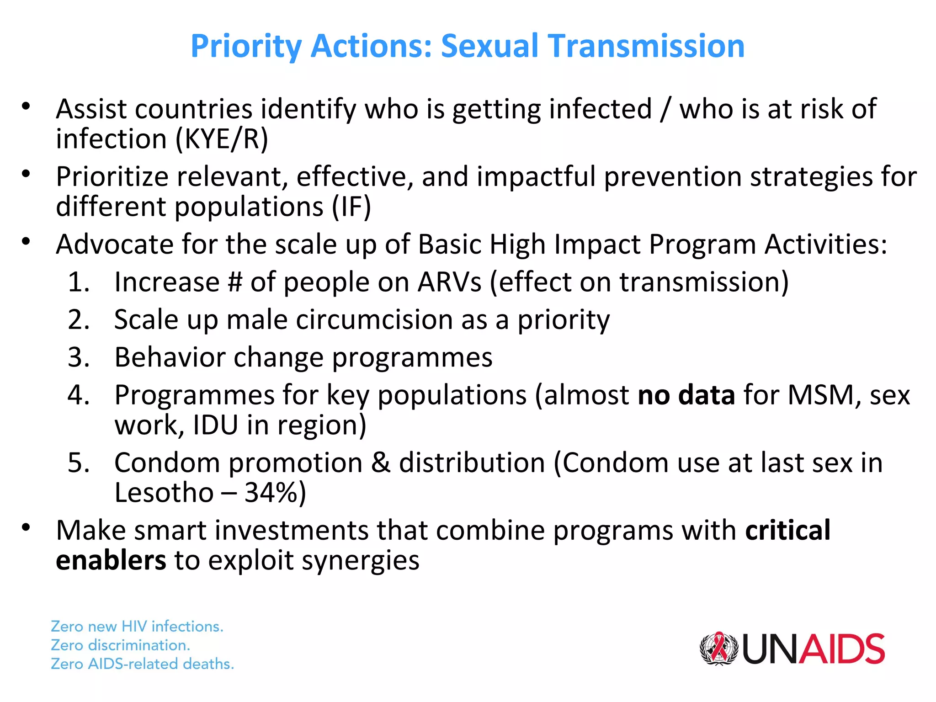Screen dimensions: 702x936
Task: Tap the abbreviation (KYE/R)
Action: tap(222, 139)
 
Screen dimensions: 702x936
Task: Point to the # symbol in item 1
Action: tap(234, 282)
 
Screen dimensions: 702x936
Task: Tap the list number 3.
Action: tap(77, 357)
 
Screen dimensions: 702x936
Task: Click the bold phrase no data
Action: tap(686, 395)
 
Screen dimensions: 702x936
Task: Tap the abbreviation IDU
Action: tap(215, 425)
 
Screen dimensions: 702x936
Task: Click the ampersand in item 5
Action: tap(381, 463)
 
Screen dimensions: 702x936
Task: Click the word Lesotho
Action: tap(164, 493)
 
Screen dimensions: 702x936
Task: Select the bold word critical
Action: tap(787, 530)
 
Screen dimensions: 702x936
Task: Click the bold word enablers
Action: tap(111, 560)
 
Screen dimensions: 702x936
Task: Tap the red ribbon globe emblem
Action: tap(718, 649)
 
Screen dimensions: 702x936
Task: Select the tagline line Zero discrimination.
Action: tap(120, 645)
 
